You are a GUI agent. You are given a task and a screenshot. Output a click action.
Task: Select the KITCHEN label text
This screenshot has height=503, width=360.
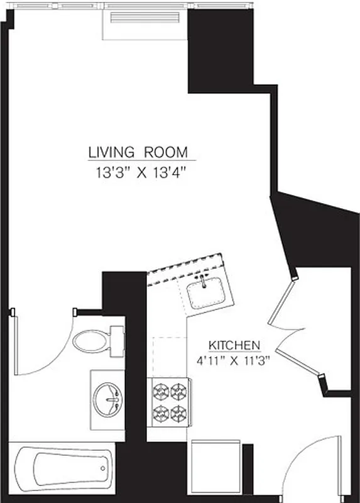[x=234, y=345]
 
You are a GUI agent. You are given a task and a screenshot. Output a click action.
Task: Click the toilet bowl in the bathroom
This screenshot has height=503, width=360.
[x=89, y=341]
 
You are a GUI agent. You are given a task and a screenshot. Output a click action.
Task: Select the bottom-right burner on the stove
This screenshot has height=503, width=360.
[x=178, y=413]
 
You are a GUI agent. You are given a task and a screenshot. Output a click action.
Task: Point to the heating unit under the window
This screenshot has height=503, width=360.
[x=145, y=25]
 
